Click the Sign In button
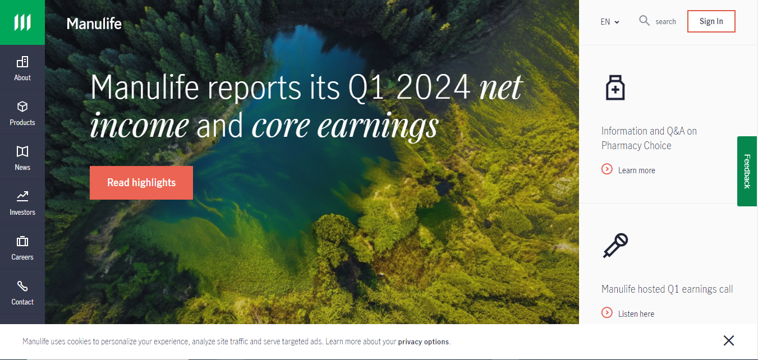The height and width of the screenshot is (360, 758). coord(711,21)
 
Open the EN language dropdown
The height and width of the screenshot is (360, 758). coord(609,22)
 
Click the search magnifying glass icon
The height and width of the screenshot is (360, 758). coord(644,21)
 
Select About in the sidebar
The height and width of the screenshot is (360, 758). coord(22,67)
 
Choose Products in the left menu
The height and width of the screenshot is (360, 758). coord(22,112)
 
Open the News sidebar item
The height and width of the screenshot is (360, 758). coord(22,157)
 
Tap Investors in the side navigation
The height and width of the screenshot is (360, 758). coord(22,202)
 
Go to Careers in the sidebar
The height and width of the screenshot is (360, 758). coord(22,247)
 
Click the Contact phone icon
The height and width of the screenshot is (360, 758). coord(22,286)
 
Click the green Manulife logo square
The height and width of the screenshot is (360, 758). coord(22,22)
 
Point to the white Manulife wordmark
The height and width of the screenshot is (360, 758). coord(94,24)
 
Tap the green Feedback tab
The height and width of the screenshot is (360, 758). coord(747,171)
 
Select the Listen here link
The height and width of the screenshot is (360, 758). coord(628,313)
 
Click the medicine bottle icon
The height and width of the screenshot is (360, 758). coord(615,87)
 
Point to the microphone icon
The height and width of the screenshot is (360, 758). coord(615,246)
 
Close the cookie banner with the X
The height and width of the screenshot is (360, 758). coord(729,340)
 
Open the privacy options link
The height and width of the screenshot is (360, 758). coord(424,341)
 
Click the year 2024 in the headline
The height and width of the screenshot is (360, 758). coord(433,87)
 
